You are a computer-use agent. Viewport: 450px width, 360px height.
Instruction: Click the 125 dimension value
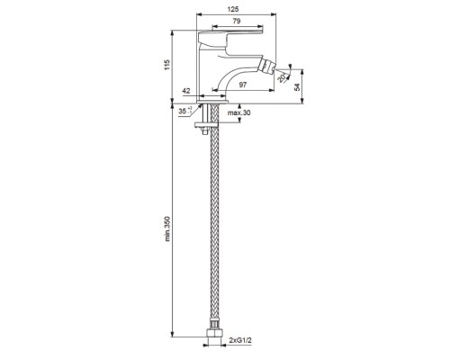click(233, 9)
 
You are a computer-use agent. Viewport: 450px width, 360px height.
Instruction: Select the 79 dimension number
click(237, 21)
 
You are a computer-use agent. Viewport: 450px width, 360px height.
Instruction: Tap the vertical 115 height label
click(166, 65)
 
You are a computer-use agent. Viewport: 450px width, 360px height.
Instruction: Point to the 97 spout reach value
click(243, 85)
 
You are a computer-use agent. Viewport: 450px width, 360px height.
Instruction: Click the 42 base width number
click(186, 91)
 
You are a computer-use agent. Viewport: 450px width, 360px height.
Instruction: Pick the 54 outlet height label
click(297, 87)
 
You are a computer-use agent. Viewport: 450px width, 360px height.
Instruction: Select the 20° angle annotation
click(283, 77)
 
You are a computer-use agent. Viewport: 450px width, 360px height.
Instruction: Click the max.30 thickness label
click(238, 113)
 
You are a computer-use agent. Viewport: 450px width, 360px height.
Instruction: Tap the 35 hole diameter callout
click(184, 111)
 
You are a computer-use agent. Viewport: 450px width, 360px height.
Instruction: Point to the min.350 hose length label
click(167, 229)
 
